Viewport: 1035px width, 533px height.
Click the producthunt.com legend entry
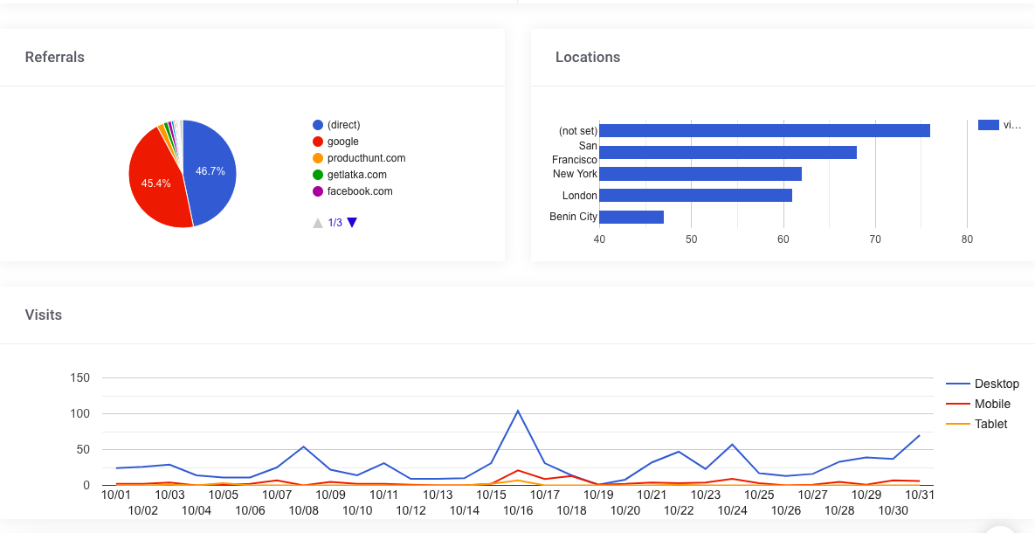366,158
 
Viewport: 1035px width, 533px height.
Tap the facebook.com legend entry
359,191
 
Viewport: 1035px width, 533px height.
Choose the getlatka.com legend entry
356,175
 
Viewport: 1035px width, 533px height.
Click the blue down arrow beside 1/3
352,223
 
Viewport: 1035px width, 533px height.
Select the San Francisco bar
728,153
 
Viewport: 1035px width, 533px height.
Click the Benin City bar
631,217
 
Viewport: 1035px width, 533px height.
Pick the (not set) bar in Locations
764,131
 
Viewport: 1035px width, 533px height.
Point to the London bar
695,196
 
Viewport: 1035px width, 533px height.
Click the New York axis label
575,174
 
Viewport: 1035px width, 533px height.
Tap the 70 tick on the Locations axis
875,239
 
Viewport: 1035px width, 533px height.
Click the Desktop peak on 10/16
518,411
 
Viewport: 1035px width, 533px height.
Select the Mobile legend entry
992,404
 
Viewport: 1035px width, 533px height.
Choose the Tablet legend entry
990,424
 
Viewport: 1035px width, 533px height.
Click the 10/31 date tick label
920,495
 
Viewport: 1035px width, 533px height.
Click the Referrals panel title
55,58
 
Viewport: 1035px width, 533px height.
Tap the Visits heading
44,315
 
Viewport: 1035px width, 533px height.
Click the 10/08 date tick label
304,510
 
